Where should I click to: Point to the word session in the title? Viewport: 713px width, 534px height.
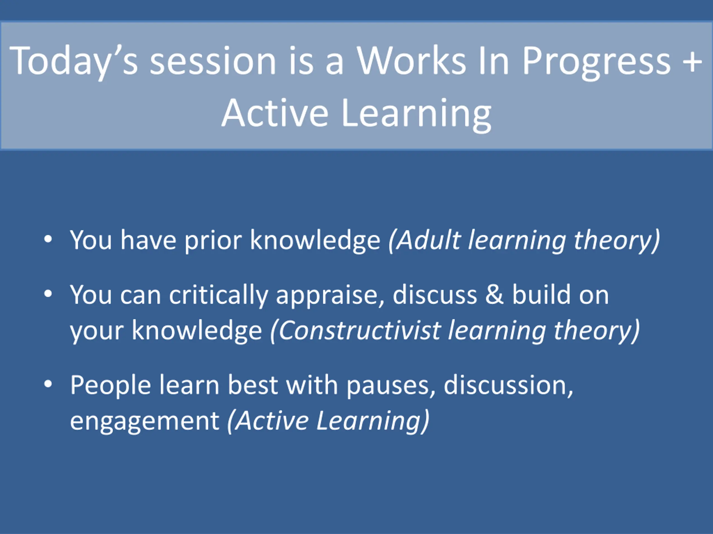[213, 61]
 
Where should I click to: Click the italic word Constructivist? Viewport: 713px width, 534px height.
[359, 331]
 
